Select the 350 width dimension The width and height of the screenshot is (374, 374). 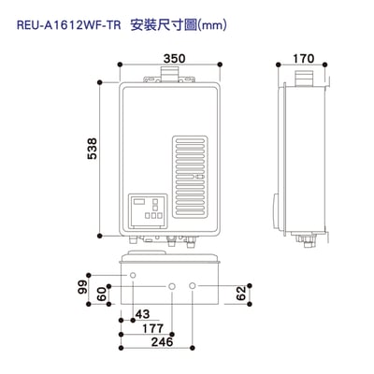pyautogui.click(x=171, y=58)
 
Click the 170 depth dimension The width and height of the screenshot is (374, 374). pyautogui.click(x=302, y=58)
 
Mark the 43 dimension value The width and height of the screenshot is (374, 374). pyautogui.click(x=142, y=313)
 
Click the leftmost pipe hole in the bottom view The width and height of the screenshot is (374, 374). pyautogui.click(x=133, y=276)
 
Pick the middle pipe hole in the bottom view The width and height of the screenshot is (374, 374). pyautogui.click(x=172, y=284)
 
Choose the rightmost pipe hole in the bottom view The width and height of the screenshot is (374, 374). pyautogui.click(x=193, y=284)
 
